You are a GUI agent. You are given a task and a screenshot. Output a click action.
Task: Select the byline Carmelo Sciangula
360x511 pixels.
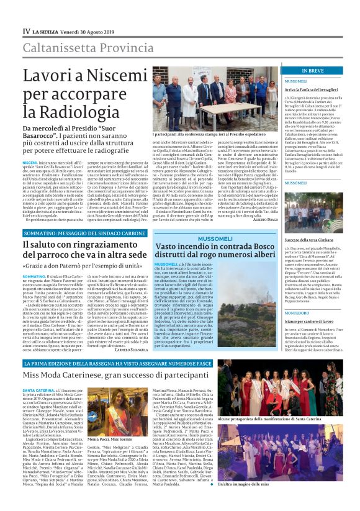coord(131,350)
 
